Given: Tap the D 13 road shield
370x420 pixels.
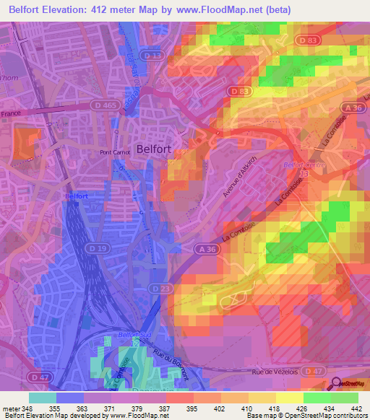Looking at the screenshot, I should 152,55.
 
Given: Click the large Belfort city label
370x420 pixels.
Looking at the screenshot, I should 154,144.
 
